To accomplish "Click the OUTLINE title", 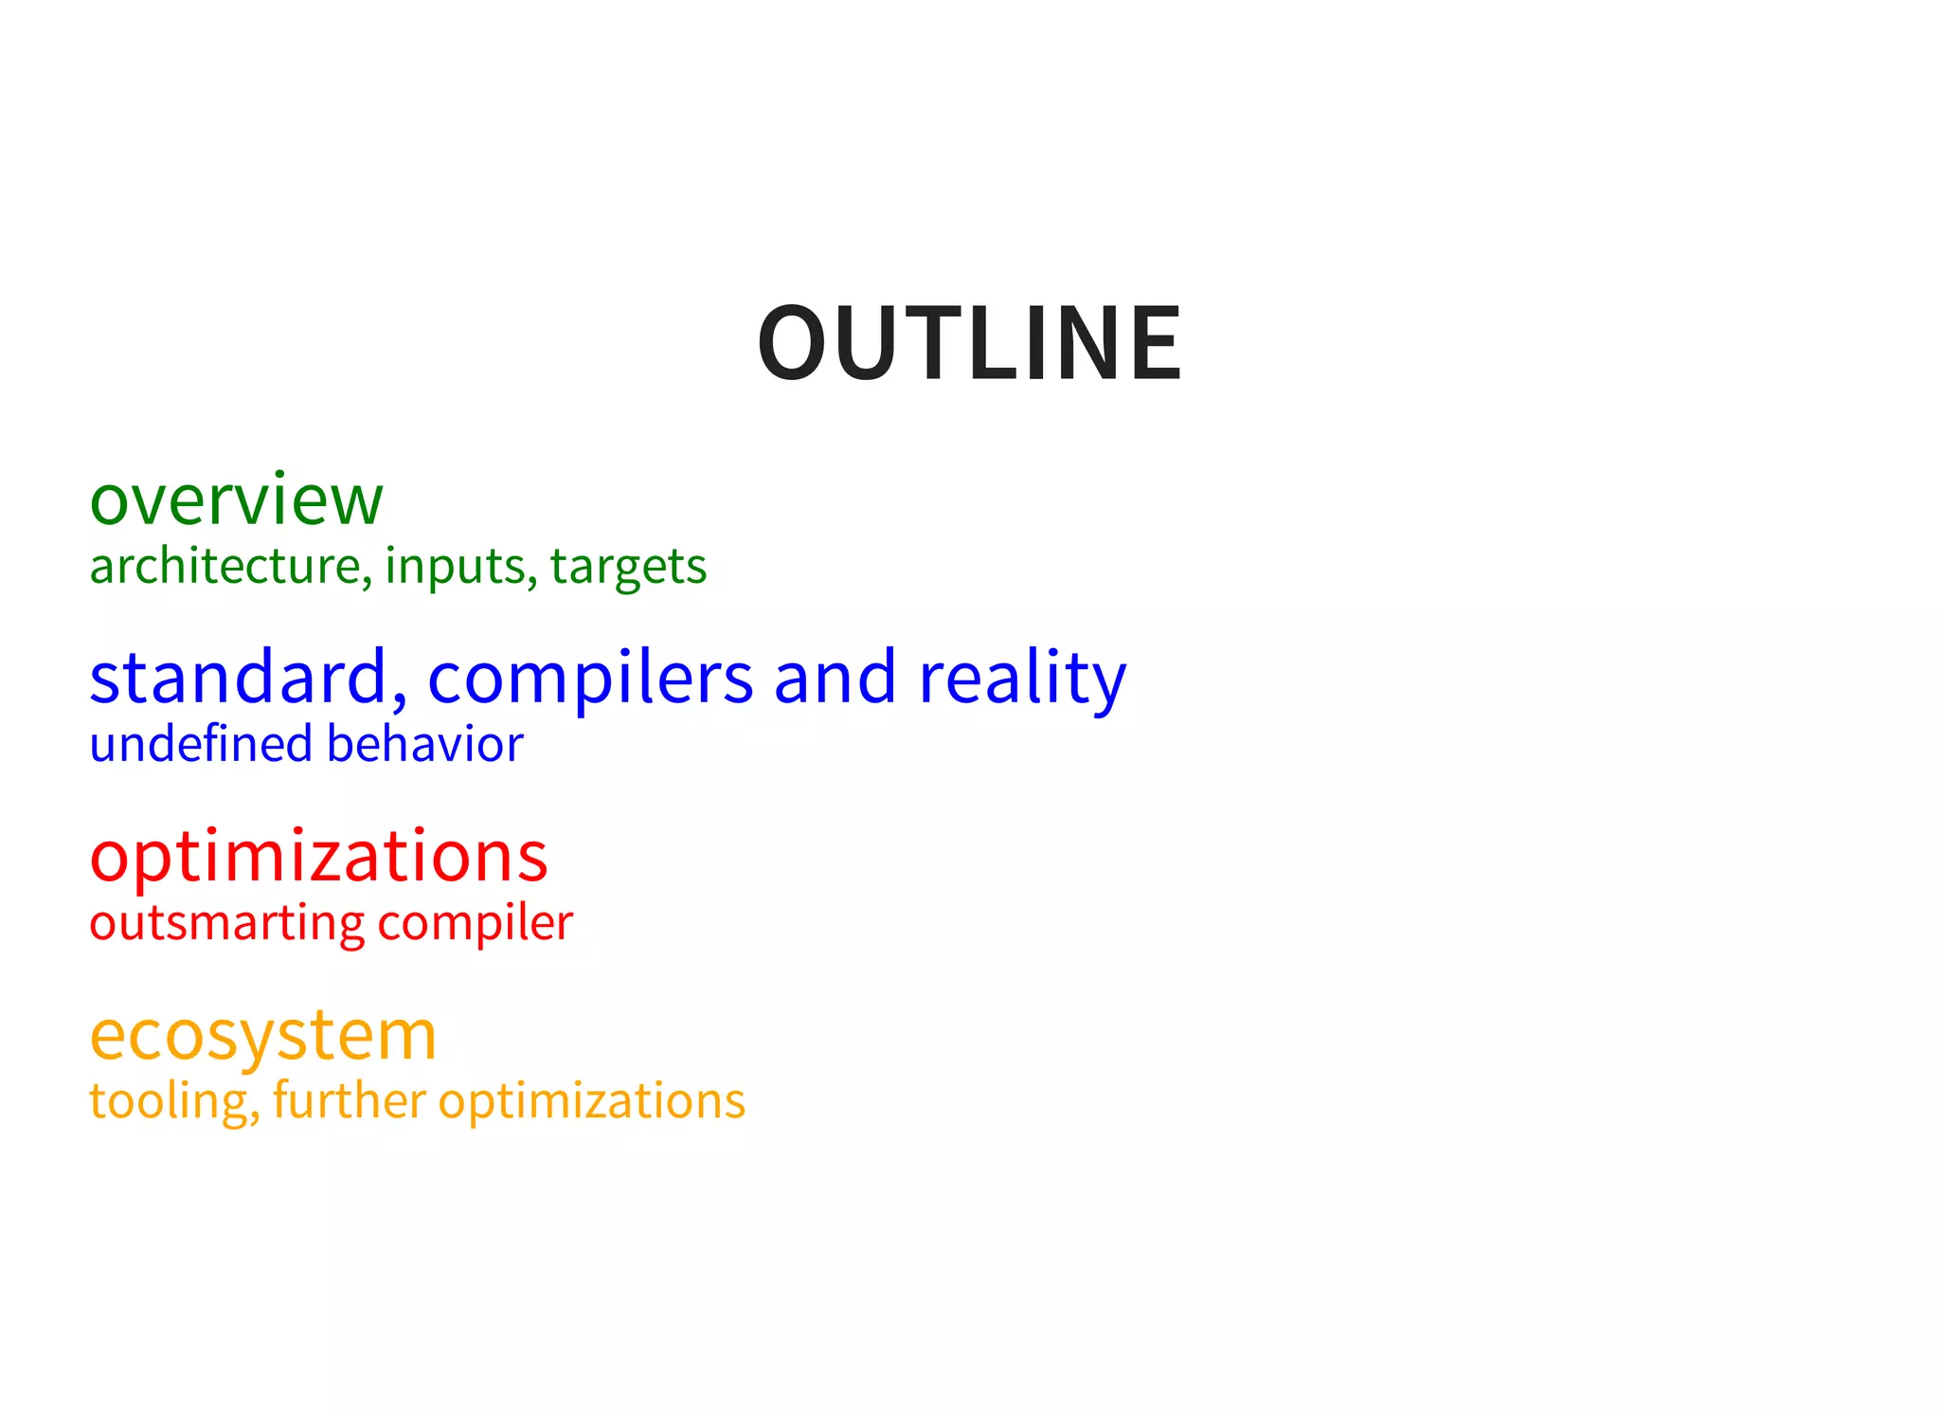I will [970, 343].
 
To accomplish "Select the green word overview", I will [236, 499].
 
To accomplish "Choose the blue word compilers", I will [589, 679].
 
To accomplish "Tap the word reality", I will [1022, 679].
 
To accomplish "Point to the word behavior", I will [425, 744].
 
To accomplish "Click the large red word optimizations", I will [318, 857].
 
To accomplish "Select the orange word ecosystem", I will [263, 1035].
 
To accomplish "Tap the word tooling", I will [171, 1102].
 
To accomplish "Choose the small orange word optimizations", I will [592, 1102].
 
